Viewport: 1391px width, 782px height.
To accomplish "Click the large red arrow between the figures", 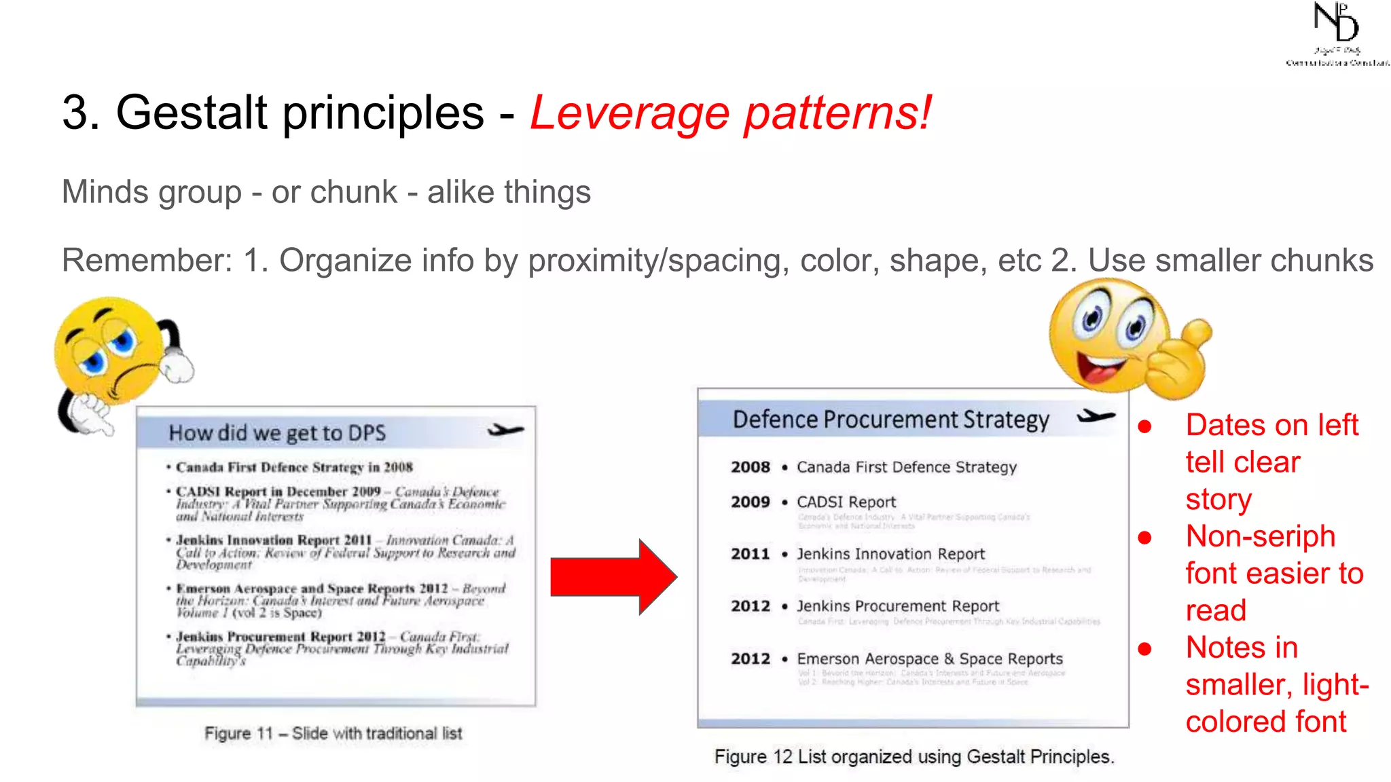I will pos(611,577).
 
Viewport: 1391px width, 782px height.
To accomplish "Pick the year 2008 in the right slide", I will pos(750,467).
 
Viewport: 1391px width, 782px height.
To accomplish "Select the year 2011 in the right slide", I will pos(750,554).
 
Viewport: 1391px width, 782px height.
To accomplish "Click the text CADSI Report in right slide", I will pos(846,502).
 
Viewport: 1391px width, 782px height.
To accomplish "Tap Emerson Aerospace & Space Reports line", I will pos(929,658).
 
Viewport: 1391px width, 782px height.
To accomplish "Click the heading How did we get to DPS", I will pos(277,433).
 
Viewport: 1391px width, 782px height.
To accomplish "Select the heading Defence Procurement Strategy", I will pos(890,420).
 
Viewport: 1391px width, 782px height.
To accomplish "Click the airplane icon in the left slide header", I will pos(505,430).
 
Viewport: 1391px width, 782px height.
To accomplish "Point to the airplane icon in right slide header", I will pos(1096,416).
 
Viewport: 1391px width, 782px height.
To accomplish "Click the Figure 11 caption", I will pos(333,733).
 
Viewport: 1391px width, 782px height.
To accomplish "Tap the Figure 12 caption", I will pos(914,756).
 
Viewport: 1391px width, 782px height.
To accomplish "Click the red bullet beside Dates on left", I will pos(1145,426).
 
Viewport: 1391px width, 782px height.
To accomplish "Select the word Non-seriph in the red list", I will pos(1260,536).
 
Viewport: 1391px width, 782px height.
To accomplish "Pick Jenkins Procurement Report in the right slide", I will pos(897,606).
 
